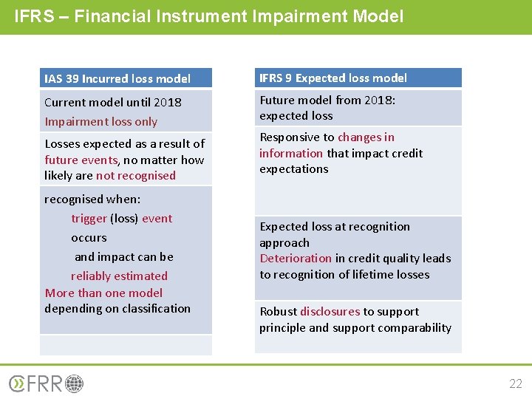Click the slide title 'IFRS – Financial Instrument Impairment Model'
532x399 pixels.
coord(208,16)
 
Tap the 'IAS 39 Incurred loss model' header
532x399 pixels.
coord(117,78)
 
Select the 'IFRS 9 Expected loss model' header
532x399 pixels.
coord(332,78)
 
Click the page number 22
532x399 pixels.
coord(515,383)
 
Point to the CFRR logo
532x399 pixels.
coord(46,383)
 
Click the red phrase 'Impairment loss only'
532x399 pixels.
coord(100,121)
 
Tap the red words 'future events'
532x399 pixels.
coord(81,160)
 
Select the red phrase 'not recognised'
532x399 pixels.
coord(136,176)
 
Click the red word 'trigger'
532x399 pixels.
coord(89,219)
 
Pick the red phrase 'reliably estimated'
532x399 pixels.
coord(119,276)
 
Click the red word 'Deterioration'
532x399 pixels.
coord(296,259)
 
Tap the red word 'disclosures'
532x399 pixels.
coord(330,312)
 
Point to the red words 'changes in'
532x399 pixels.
coord(366,137)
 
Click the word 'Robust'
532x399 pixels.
coord(278,312)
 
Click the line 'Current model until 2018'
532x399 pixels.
coord(112,102)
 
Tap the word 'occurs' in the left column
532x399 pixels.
coord(89,238)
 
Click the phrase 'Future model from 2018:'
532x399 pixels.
coord(327,100)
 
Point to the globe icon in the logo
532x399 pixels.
coord(75,383)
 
